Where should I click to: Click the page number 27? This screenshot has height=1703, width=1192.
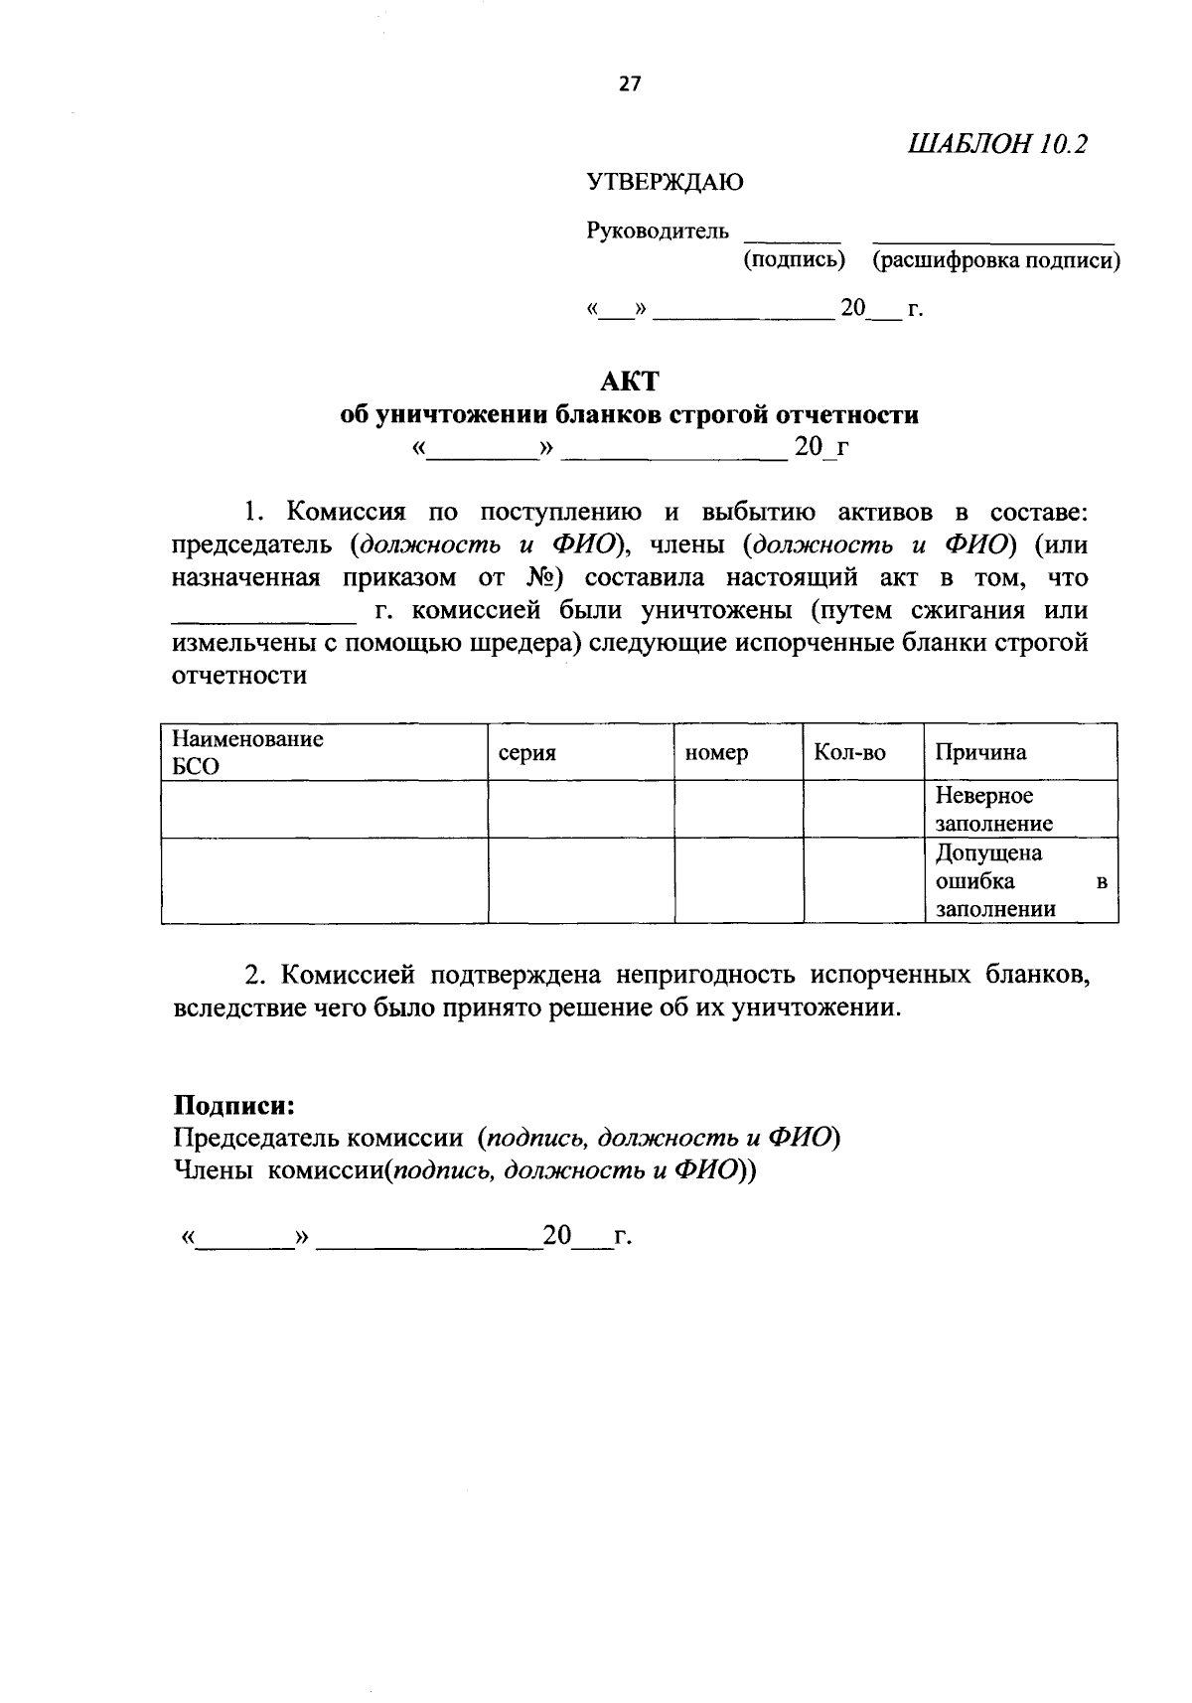coord(631,84)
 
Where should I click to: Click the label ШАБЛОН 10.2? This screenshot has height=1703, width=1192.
coord(997,144)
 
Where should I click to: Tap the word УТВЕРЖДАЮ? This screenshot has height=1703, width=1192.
coord(665,182)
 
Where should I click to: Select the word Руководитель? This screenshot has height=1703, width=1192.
coord(658,232)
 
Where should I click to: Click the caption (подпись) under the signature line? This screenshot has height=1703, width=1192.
coord(794,260)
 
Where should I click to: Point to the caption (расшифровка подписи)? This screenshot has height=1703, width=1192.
coord(995,260)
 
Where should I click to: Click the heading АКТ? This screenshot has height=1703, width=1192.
coord(630,381)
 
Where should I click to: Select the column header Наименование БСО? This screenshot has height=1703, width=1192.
coord(248,752)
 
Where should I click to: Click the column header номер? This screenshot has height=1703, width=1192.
coord(716,753)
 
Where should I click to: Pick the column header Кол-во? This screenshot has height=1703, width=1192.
coord(849,753)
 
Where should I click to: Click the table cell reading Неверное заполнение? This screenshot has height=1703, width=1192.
coord(993,809)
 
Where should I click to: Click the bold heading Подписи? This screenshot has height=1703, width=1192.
coord(234,1105)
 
